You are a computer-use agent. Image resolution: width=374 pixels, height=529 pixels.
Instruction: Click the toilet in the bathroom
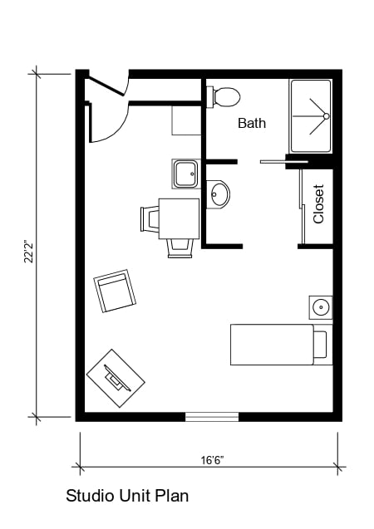(225, 97)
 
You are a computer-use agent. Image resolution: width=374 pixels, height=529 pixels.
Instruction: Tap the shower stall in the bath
(310, 116)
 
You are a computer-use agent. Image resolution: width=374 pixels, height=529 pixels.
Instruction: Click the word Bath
(252, 123)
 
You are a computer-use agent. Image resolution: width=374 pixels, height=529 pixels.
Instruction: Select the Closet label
(318, 203)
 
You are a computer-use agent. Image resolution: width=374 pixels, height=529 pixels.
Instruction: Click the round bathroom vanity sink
(219, 194)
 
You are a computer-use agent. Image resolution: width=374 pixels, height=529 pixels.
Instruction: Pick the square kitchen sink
(185, 174)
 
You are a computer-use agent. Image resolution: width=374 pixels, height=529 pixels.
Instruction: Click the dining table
(179, 218)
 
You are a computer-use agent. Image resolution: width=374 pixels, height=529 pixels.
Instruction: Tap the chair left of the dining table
(150, 218)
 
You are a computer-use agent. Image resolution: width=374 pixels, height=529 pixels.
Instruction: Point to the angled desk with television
(116, 379)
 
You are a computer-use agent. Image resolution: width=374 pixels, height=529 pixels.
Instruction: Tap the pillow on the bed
(320, 344)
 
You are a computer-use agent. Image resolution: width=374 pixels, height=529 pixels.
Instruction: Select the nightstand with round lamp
(321, 307)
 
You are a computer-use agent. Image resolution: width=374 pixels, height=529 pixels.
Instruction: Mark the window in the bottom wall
(211, 417)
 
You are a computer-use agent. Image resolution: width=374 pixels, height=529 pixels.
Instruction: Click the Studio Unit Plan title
(127, 497)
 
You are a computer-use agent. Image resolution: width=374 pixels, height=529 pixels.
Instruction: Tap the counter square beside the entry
(186, 120)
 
